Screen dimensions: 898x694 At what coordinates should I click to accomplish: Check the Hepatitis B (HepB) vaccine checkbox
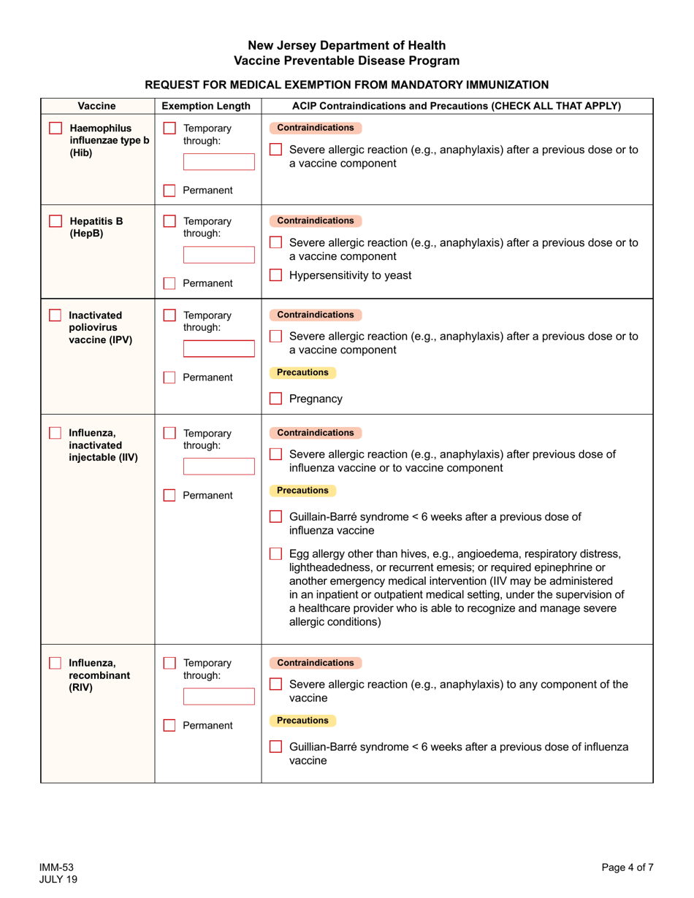tap(56, 221)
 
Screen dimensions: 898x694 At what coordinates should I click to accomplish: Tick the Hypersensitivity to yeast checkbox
tap(275, 275)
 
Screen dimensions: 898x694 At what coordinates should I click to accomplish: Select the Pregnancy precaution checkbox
tap(275, 399)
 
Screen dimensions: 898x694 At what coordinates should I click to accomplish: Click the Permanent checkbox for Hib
tap(169, 191)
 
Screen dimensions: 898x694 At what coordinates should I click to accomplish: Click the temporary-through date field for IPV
tap(208, 348)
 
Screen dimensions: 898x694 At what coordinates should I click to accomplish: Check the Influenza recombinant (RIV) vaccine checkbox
tap(56, 663)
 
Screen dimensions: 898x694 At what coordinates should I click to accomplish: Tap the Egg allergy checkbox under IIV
tap(275, 553)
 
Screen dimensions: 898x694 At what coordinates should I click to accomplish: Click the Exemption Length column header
tap(207, 106)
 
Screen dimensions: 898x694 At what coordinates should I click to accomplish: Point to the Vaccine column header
tap(97, 106)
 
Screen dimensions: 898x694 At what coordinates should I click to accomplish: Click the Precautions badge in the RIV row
tap(302, 721)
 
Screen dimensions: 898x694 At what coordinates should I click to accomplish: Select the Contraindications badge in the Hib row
tap(316, 128)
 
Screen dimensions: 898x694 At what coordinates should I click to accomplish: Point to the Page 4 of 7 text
tap(627, 867)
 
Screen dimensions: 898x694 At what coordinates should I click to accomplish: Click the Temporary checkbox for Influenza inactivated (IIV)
tap(169, 433)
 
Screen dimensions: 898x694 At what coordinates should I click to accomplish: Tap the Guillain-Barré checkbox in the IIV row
tap(275, 517)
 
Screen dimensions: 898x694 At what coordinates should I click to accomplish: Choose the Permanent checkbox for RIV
tap(169, 726)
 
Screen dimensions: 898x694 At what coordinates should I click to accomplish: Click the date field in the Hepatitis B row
tap(208, 254)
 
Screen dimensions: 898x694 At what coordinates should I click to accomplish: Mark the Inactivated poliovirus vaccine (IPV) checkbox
tap(56, 315)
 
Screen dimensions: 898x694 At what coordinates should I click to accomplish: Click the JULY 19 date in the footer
tap(58, 879)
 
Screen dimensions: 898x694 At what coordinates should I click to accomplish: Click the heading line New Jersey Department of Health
tap(346, 45)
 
